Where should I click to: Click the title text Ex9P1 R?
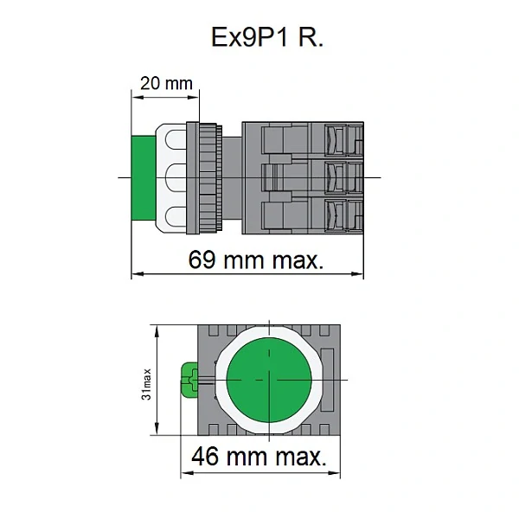tap(267, 37)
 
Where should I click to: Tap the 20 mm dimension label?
tap(166, 83)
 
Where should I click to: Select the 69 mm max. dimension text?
tap(255, 259)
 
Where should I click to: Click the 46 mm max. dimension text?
tap(259, 457)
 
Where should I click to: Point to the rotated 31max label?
tap(146, 384)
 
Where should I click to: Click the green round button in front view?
tap(269, 380)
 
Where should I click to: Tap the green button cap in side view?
tap(144, 177)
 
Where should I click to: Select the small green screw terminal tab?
tap(189, 381)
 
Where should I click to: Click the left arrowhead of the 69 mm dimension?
tap(138, 273)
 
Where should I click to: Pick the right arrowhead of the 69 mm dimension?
tap(357, 273)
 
